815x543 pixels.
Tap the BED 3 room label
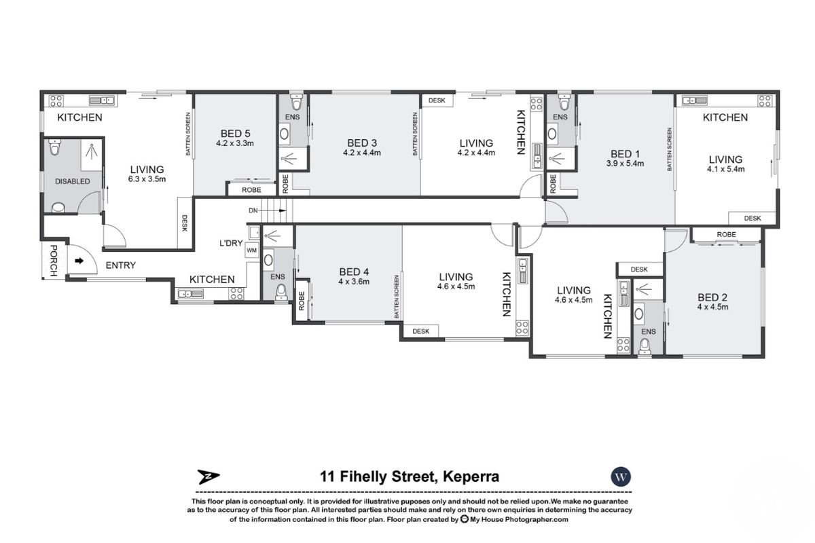coord(362,143)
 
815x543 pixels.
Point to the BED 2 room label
coord(712,296)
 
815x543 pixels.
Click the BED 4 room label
coord(354,271)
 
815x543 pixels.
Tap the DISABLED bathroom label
coord(73,181)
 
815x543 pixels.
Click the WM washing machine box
coord(251,251)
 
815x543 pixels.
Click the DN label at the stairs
coord(253,211)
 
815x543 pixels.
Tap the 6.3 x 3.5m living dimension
coord(147,179)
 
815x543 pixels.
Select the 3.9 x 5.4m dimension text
coord(626,164)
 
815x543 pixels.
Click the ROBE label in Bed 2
coord(725,235)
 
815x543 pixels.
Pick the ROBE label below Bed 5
coord(251,191)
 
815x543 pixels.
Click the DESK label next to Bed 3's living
coord(437,100)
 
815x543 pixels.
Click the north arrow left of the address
coord(206,476)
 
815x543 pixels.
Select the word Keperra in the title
coord(471,476)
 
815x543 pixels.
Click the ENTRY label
coord(120,265)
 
